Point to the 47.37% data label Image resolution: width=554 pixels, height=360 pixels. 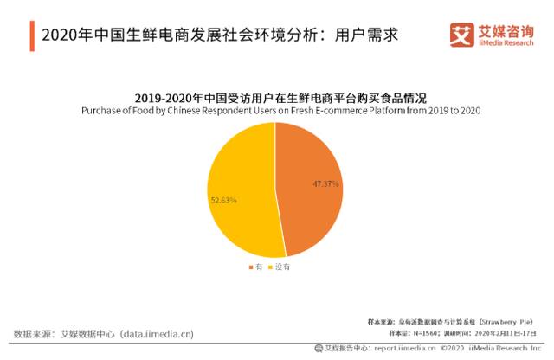pyautogui.click(x=325, y=184)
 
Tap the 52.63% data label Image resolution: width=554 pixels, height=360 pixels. pyautogui.click(x=223, y=200)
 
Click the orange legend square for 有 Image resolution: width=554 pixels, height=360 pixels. pyautogui.click(x=249, y=268)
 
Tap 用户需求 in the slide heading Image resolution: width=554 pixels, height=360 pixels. pyautogui.click(x=364, y=35)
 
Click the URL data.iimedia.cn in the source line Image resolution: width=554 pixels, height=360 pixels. pyautogui.click(x=157, y=333)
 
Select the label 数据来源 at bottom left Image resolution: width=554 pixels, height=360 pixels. pyautogui.click(x=32, y=333)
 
